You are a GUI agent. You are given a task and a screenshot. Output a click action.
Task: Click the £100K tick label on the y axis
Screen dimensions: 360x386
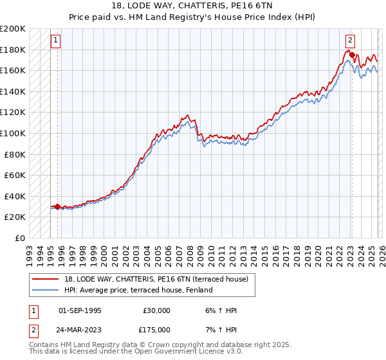(x=13, y=133)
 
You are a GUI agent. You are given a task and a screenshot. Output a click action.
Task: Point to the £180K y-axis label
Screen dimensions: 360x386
(x=13, y=50)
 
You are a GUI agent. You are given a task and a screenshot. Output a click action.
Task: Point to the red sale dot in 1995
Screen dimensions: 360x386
(x=57, y=206)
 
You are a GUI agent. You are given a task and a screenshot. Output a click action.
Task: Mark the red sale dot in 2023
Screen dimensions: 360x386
(x=352, y=55)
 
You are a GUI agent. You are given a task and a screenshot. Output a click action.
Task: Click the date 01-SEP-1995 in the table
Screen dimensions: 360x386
(x=80, y=310)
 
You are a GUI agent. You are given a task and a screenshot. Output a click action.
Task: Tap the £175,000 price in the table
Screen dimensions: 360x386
(x=157, y=329)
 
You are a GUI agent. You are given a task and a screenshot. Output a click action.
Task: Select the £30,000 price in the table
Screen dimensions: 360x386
(x=157, y=310)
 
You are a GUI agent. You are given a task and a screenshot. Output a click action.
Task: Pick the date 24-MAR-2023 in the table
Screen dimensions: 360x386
(x=80, y=329)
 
